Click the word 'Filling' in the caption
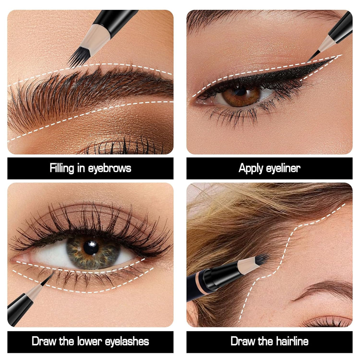[x=62, y=168]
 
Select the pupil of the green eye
[x=91, y=248]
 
